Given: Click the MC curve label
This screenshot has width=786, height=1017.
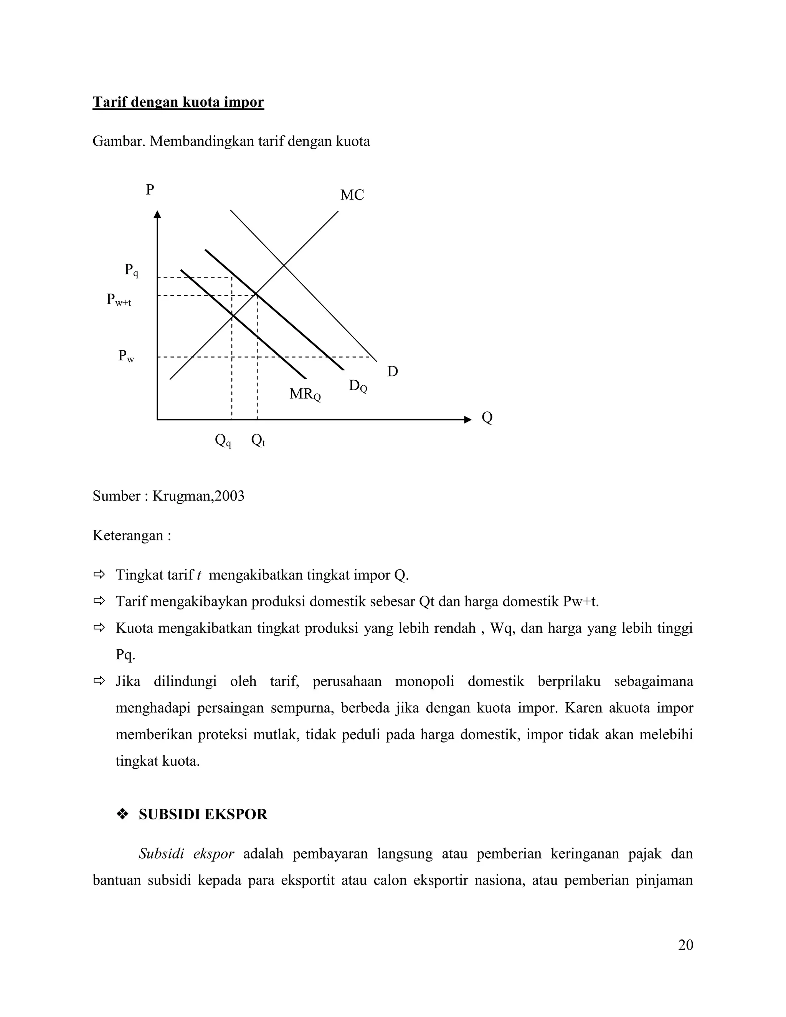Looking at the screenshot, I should click(352, 195).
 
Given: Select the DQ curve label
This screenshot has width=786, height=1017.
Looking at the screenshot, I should click(358, 386).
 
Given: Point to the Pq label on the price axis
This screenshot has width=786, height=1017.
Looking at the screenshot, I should click(131, 270).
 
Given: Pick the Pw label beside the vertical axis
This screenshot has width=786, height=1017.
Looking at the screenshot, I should click(126, 356).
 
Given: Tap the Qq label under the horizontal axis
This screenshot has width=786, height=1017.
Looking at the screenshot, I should click(223, 440).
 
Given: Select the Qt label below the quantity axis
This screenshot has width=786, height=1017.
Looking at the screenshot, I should click(258, 440).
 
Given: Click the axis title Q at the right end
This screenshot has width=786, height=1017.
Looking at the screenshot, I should click(487, 418).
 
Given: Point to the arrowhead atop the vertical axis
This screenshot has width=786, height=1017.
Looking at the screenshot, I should click(157, 214).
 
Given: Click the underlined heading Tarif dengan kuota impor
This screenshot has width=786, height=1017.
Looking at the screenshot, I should click(178, 102).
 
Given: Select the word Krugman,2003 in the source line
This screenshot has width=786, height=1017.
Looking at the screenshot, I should click(198, 496).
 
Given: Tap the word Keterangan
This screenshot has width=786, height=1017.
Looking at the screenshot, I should click(128, 535).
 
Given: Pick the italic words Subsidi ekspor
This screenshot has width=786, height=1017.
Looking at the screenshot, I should click(186, 854).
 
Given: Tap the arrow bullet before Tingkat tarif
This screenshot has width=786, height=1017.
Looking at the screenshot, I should click(99, 575).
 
